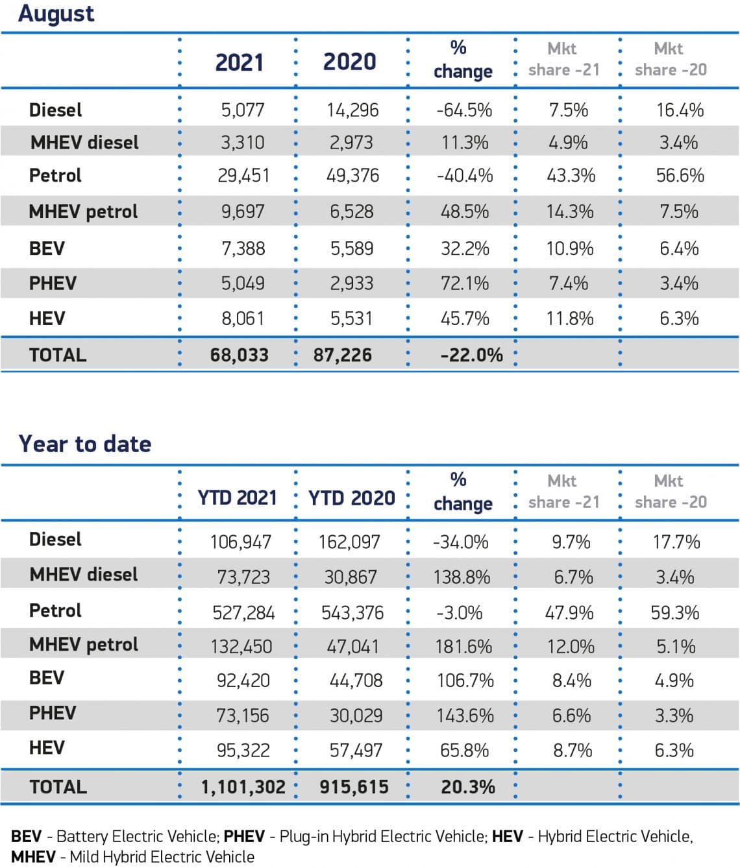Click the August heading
[x=56, y=14]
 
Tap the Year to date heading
[x=85, y=444]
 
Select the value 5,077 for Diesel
[x=243, y=110]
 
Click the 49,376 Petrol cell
[x=352, y=175]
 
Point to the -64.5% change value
[x=464, y=110]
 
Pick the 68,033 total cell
[x=239, y=355]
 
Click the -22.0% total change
[x=471, y=355]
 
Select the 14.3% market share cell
[x=570, y=211]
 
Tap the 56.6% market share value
[x=680, y=175]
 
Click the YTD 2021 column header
[x=237, y=498]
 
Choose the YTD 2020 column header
[x=351, y=498]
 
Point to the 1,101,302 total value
[x=243, y=786]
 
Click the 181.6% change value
[x=463, y=646]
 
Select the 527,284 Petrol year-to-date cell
[x=243, y=612]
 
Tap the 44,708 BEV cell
[x=356, y=681]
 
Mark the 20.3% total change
[x=468, y=786]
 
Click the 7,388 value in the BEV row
[x=243, y=248]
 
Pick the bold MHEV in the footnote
[x=33, y=857]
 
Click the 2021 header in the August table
[x=239, y=62]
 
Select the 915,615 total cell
[x=354, y=786]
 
